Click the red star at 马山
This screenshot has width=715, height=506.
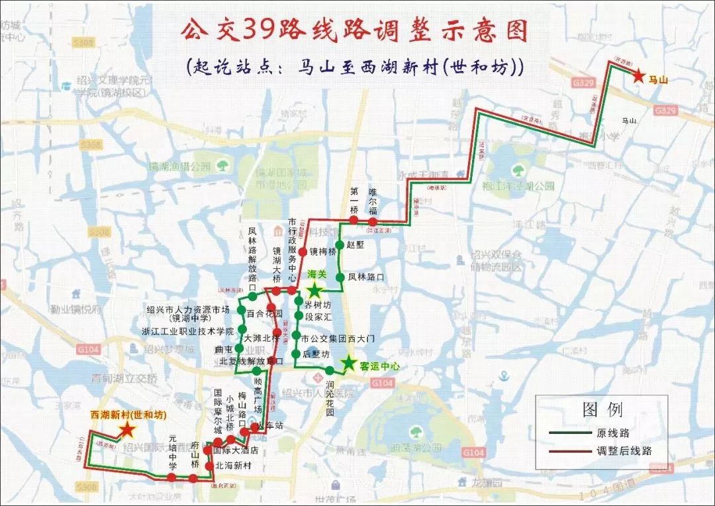pos(638,77)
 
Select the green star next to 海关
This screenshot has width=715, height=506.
pos(314,290)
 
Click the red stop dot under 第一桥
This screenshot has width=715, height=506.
pos(354,220)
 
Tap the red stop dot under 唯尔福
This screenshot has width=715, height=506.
pos(373,221)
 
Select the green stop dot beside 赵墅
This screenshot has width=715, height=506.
pos(340,244)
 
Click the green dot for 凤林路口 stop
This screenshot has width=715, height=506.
pos(340,278)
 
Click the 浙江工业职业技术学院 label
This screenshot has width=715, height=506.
pos(188,330)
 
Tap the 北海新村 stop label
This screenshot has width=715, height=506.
pos(233,466)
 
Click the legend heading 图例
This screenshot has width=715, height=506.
pos(602,411)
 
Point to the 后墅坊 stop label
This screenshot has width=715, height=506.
pos(316,354)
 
